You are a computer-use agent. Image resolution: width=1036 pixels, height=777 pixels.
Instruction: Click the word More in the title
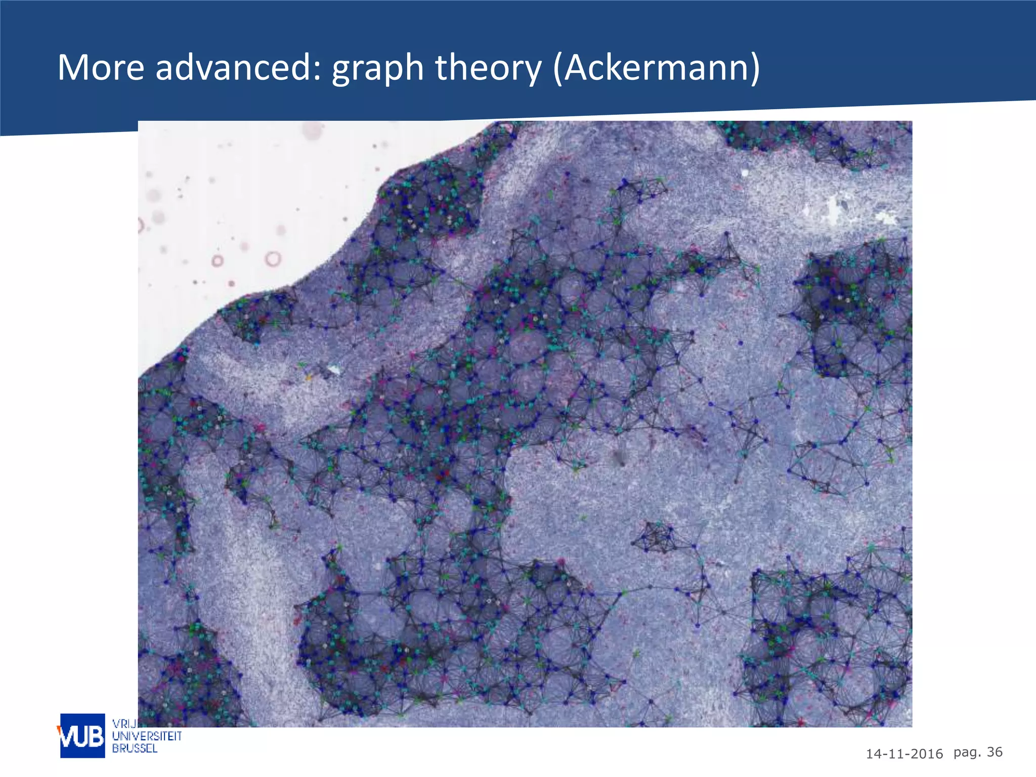coord(101,67)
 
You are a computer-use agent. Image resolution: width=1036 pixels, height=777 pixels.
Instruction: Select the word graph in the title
coord(377,68)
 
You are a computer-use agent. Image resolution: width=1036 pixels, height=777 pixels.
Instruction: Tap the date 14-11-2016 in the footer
coord(904,754)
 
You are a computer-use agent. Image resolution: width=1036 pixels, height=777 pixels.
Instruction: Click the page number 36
coord(995,752)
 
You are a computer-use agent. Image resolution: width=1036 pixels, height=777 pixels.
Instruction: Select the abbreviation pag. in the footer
coord(967,753)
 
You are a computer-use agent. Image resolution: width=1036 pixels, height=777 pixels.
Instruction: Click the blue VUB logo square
coord(82,736)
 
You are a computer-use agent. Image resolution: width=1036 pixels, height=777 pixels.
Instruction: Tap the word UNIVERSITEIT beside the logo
coord(147,736)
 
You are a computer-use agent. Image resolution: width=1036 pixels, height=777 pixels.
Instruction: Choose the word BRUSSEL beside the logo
coord(135,748)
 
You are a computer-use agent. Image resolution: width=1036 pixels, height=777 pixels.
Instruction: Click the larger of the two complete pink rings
coord(273,259)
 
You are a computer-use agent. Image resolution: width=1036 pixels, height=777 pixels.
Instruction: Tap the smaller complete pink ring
coord(218,261)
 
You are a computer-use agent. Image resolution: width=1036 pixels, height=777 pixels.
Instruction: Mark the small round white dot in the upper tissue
coord(745,173)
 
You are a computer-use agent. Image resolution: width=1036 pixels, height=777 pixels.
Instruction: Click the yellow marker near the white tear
coord(308,377)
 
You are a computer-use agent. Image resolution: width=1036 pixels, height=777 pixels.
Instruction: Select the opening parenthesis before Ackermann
coord(558,68)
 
